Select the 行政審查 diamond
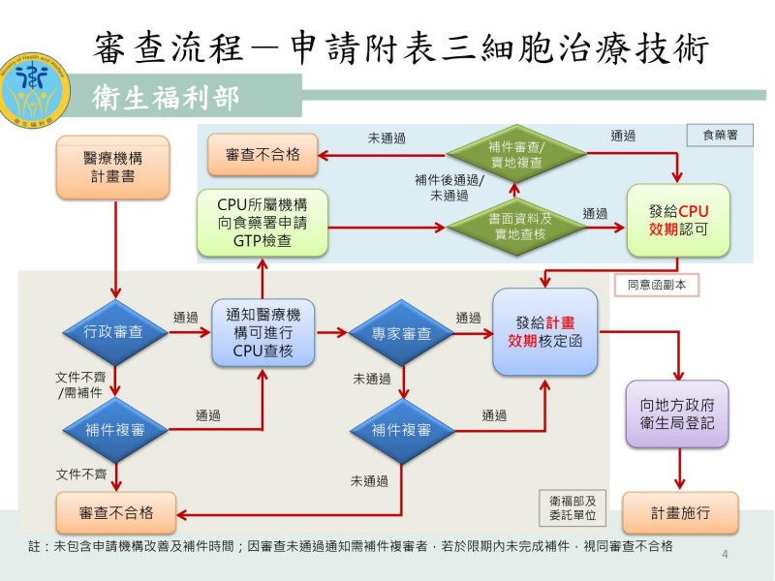coord(115,332)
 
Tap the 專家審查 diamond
coord(401,332)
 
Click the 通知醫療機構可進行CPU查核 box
coord(263,332)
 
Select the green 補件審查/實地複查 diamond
coord(516,154)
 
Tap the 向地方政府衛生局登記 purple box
coord(677,413)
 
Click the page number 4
coord(726,554)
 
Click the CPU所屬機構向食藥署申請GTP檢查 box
coord(263,223)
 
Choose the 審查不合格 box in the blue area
coord(262,155)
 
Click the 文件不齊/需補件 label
coord(81,383)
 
